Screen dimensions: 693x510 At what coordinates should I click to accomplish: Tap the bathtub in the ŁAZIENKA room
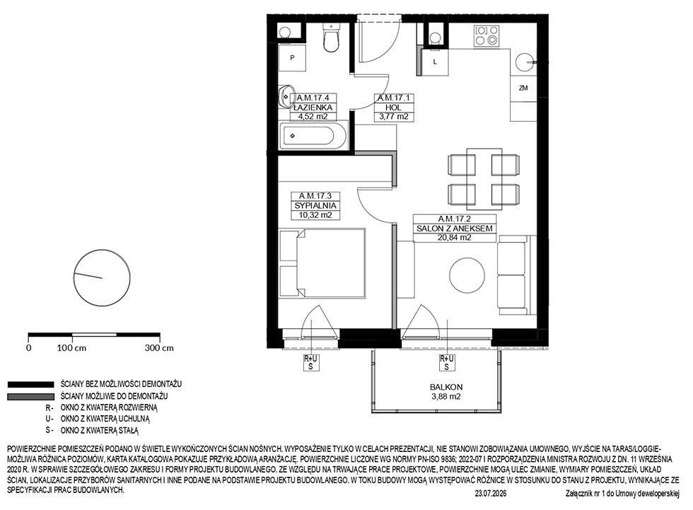click(x=309, y=136)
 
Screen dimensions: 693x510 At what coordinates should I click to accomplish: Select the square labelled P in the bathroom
click(x=292, y=57)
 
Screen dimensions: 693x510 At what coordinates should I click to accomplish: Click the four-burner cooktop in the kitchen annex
click(x=487, y=36)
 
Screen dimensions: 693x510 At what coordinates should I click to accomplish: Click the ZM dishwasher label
click(x=523, y=88)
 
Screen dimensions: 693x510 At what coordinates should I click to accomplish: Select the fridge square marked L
click(x=435, y=62)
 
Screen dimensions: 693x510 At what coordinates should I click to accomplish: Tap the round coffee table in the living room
click(x=467, y=275)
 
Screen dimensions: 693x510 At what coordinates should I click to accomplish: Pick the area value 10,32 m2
click(x=315, y=215)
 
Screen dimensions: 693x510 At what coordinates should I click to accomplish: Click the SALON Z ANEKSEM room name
click(x=454, y=228)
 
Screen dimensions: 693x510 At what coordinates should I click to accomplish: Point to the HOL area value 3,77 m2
click(x=393, y=117)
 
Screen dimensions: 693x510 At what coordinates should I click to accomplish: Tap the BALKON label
click(x=446, y=387)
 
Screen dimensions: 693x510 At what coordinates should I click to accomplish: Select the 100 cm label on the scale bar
click(x=71, y=348)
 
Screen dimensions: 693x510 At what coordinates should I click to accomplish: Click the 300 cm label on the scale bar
click(x=159, y=348)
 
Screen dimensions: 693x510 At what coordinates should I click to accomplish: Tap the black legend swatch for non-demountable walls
click(x=30, y=385)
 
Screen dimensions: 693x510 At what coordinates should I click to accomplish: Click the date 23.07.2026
click(x=491, y=494)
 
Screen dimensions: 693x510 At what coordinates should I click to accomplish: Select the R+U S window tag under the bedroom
click(x=311, y=362)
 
